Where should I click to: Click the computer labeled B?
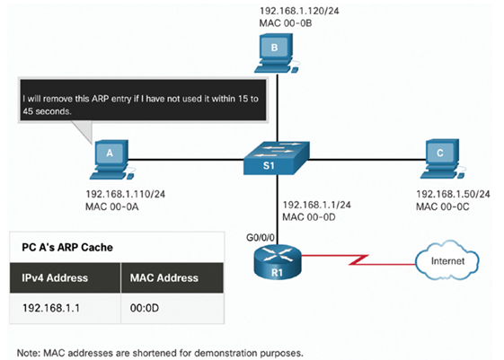click(276, 54)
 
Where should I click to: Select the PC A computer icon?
click(111, 160)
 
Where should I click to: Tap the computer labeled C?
click(442, 159)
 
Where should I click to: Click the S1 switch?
click(277, 158)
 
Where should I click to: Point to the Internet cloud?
click(447, 260)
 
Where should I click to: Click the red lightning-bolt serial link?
click(358, 259)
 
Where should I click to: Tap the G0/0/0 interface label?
click(261, 237)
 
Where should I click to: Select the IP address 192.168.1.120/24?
click(299, 11)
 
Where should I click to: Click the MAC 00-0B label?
click(286, 23)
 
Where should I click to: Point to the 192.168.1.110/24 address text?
click(126, 194)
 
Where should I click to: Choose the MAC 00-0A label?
click(112, 206)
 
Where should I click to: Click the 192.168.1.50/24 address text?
click(453, 194)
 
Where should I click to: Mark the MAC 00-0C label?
click(443, 206)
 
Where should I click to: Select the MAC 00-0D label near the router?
click(309, 217)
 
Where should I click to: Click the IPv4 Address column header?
click(55, 277)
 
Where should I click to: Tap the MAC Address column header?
click(164, 277)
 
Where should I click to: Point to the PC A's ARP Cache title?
click(67, 247)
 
